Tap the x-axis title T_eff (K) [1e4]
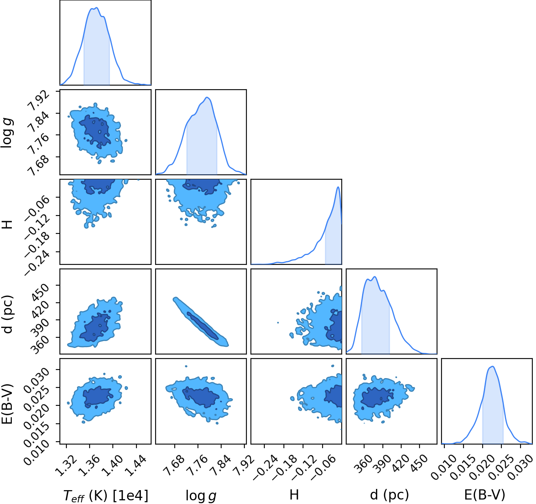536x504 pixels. pos(106,495)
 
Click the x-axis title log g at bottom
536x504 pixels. pos(201,496)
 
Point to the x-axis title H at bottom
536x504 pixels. pos(294,495)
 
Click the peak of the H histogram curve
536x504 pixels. pos(338,187)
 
